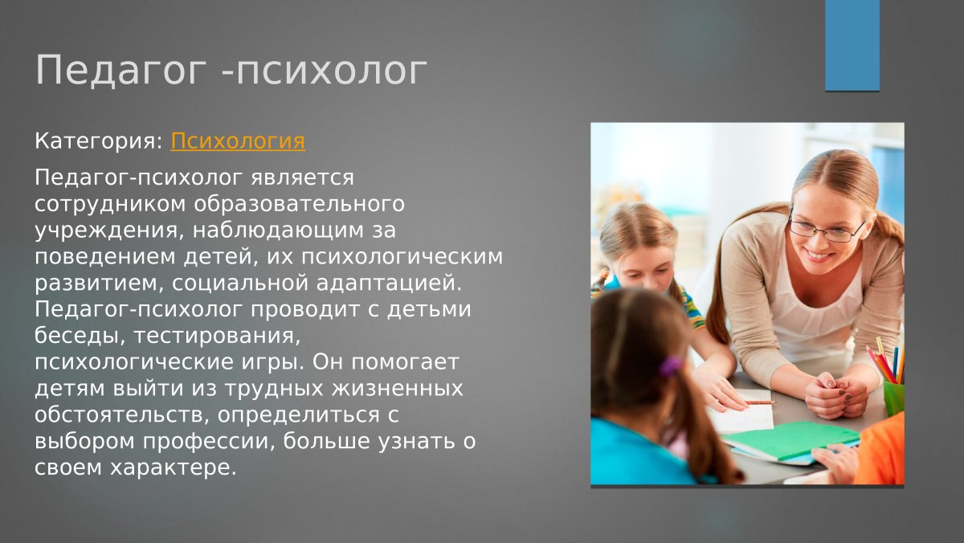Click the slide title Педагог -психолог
(x=231, y=71)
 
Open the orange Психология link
(x=238, y=141)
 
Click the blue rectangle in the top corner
(x=852, y=45)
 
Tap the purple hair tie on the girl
(x=670, y=367)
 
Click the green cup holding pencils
(x=893, y=397)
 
